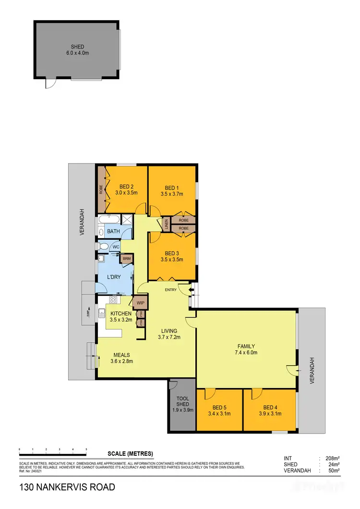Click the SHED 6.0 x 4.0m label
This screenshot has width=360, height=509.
(x=77, y=50)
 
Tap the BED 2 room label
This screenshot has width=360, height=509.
(x=126, y=187)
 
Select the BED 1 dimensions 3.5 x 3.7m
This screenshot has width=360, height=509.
(x=172, y=194)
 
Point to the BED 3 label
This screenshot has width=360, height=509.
(x=172, y=253)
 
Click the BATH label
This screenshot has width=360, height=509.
(x=113, y=231)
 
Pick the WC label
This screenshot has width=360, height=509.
(x=115, y=247)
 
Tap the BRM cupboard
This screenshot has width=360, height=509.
(x=127, y=259)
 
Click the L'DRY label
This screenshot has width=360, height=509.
(x=114, y=277)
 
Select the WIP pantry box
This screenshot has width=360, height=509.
(x=141, y=303)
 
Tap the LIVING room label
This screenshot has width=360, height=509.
(x=169, y=331)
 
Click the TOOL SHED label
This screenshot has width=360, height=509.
(x=182, y=401)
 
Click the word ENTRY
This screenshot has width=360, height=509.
(x=170, y=290)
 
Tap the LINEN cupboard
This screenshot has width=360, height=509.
(x=166, y=224)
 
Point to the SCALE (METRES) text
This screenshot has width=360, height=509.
(x=130, y=453)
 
